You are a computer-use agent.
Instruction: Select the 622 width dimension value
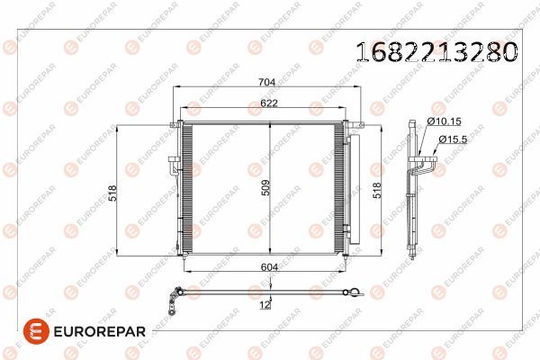270,103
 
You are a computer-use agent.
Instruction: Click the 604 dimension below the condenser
267,267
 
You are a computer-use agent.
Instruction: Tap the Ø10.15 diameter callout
443,121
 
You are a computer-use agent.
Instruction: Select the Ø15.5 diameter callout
452,139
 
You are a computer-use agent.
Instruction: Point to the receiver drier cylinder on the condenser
352,189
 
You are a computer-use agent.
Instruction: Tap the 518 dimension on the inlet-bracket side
112,191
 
